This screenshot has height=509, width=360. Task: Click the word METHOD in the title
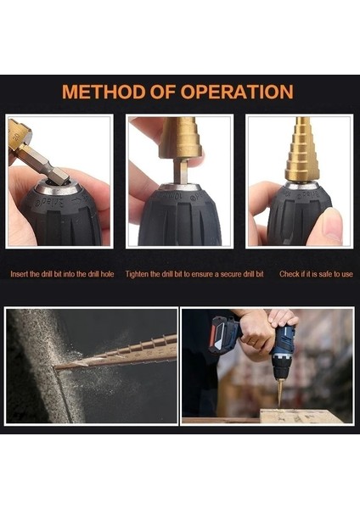coord(104,92)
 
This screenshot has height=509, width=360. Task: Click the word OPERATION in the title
coord(237,92)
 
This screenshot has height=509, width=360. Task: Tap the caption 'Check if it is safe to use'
coord(316,274)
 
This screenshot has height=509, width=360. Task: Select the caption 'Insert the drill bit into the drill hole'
coord(62,274)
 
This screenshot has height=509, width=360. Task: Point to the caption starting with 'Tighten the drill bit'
coord(194,274)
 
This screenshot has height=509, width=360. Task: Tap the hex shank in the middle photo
coord(181,171)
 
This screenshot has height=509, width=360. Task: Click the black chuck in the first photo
coord(61,215)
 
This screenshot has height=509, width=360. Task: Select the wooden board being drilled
coord(301,417)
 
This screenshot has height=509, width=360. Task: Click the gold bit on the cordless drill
coord(279,394)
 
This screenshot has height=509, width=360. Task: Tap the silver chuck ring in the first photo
coord(58,187)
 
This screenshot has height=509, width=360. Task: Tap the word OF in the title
coord(163,92)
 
